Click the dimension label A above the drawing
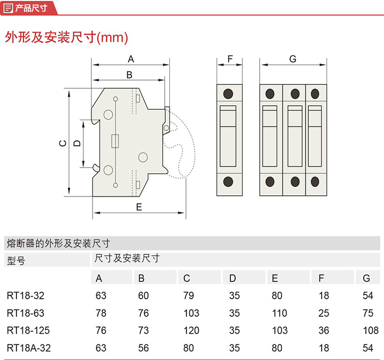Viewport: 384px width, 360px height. pyautogui.click(x=130, y=59)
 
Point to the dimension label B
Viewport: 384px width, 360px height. pyautogui.click(x=129, y=75)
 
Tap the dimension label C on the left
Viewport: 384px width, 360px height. pyautogui.click(x=61, y=143)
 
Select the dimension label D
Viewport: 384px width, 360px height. pyautogui.click(x=76, y=143)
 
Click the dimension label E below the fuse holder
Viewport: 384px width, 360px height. pyautogui.click(x=139, y=207)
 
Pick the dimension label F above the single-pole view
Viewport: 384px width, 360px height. pyautogui.click(x=229, y=59)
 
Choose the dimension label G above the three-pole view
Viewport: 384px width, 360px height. pyautogui.click(x=293, y=59)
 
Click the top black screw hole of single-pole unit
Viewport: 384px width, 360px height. pyautogui.click(x=229, y=93)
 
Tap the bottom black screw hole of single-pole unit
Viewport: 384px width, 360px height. pyautogui.click(x=229, y=181)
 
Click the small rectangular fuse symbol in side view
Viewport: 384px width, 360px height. pyautogui.click(x=116, y=141)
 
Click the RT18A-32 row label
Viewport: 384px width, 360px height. pyautogui.click(x=28, y=347)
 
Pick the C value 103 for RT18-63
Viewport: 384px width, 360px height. pyautogui.click(x=191, y=313)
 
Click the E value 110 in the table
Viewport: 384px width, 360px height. pyautogui.click(x=279, y=313)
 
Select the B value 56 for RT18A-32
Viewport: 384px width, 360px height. pyautogui.click(x=144, y=347)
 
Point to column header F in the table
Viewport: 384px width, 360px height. pyautogui.click(x=321, y=278)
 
